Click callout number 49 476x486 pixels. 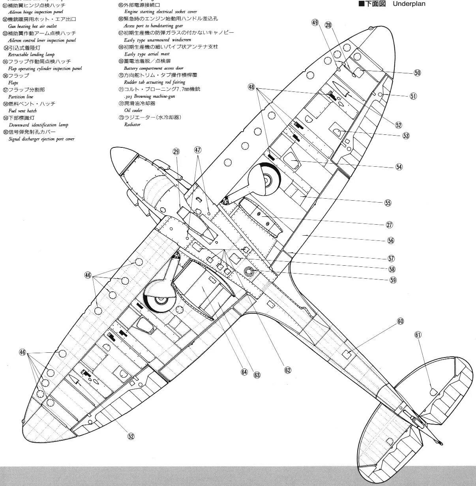(315, 23)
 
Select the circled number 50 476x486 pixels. (418, 73)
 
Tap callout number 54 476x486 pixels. (399, 167)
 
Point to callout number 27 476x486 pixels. (390, 225)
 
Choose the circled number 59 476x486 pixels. (393, 280)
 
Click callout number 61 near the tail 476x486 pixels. (418, 335)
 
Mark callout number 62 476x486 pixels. (288, 370)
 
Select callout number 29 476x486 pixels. (176, 151)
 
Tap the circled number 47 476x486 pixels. (197, 150)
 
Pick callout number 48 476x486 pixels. (251, 87)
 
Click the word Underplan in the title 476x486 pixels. (409, 4)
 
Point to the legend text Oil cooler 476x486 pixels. (133, 110)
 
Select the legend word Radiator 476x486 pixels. (132, 125)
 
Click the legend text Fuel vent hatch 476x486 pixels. (22, 111)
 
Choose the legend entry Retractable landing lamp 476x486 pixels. (31, 54)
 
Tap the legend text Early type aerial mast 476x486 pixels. (147, 54)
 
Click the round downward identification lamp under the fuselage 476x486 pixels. (249, 271)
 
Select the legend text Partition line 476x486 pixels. (21, 97)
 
